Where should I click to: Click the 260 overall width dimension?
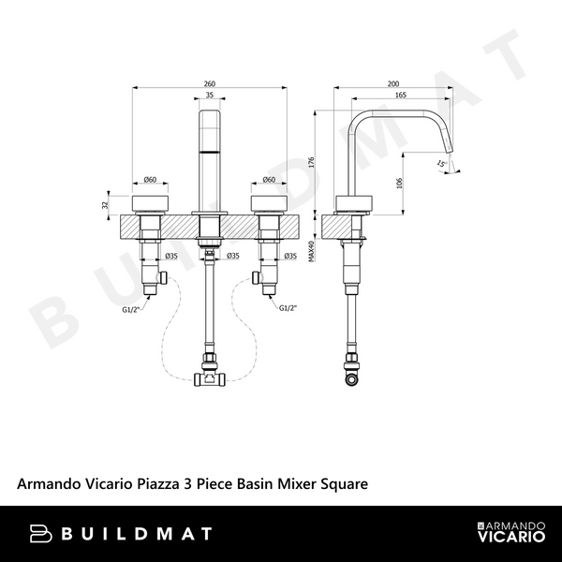click(209, 83)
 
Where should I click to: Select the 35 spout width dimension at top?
click(209, 96)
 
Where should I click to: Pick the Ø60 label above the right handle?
click(268, 180)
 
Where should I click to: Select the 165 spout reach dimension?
click(400, 96)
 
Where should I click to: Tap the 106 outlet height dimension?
click(400, 182)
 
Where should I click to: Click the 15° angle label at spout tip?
click(440, 164)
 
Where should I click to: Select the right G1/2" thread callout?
click(289, 306)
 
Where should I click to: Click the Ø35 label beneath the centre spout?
click(232, 255)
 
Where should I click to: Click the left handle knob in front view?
click(150, 203)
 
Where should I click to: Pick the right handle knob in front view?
click(268, 203)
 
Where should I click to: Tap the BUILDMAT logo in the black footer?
click(121, 534)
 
